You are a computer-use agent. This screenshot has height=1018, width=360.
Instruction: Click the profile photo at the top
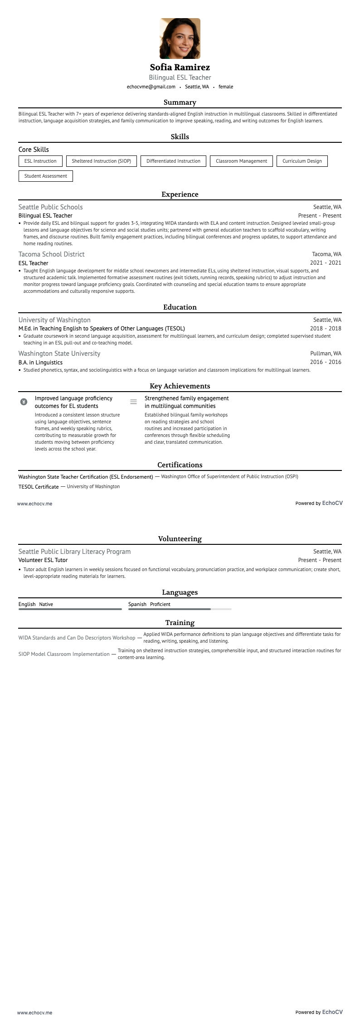pos(180,39)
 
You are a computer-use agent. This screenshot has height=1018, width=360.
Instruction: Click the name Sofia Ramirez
pos(180,68)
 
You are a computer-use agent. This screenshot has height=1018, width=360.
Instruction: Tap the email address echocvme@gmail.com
pos(151,87)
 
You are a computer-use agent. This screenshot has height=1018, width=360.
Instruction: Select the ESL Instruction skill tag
pos(40,161)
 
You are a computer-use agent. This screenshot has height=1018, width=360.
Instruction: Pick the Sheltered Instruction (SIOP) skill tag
pos(101,161)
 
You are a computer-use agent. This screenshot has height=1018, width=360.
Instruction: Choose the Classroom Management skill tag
pos(241,161)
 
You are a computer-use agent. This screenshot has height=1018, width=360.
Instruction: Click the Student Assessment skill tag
pos(45,176)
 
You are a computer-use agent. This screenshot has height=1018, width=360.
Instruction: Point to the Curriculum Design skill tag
pos(302,161)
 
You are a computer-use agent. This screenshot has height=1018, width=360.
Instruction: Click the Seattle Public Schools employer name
pos(50,207)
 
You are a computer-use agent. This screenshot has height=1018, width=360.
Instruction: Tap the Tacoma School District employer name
pos(51,254)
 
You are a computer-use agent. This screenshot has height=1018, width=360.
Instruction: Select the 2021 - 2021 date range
pos(326,263)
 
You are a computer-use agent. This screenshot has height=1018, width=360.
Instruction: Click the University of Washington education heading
pos(54,320)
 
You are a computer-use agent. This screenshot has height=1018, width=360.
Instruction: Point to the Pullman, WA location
pos(326,354)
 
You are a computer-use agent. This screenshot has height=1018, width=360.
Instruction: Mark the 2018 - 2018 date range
pos(326,329)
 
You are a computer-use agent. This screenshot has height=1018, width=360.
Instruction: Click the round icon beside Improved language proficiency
pos(24,402)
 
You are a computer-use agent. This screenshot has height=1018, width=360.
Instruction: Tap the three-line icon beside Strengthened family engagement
pos(133,402)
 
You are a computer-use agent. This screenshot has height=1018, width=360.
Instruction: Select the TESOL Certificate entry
pos(39,487)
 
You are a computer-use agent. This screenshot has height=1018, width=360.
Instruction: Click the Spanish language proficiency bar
pos(180,609)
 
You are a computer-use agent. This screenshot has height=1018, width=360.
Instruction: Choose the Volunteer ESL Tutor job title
pos(43,560)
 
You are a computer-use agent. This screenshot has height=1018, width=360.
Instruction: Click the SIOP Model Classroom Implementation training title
pos(64,654)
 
